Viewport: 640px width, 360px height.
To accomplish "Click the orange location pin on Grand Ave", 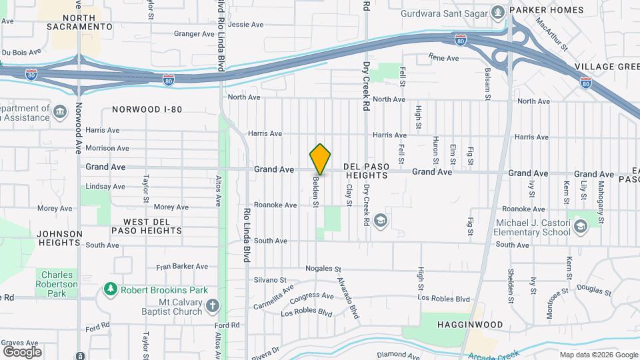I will tap(321, 159).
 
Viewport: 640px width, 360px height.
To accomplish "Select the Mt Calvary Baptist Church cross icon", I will tap(212, 307).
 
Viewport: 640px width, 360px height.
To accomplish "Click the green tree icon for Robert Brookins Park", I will tap(111, 289).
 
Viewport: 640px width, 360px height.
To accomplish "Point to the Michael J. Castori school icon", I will tap(581, 226).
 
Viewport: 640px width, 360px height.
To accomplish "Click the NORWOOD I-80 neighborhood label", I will tap(147, 109).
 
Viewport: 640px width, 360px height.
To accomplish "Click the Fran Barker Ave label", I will tap(182, 267).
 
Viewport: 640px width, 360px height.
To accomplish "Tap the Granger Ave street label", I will tap(194, 33).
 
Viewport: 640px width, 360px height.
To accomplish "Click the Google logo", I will tap(22, 351).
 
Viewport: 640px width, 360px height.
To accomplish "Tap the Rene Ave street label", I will tap(443, 58).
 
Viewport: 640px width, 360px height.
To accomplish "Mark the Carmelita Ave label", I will tap(273, 297).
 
